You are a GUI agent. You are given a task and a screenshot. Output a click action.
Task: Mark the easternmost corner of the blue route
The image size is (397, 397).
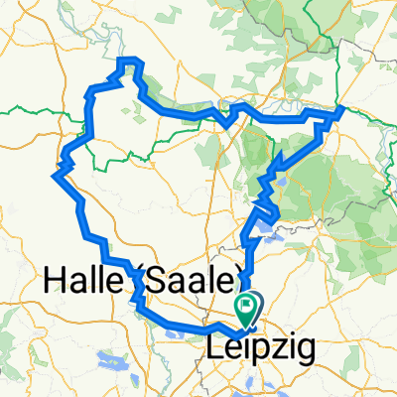[x=341, y=109]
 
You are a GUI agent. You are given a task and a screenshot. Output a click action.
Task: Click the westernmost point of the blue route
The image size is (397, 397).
[x=53, y=174]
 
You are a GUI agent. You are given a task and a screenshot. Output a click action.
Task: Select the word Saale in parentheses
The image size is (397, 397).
[x=187, y=284]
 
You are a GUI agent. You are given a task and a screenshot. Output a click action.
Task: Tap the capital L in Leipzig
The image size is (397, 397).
[x=214, y=348]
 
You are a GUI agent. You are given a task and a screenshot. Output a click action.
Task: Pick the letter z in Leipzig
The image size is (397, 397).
[x=274, y=348]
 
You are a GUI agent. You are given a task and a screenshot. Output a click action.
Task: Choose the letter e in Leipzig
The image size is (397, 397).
[x=229, y=349]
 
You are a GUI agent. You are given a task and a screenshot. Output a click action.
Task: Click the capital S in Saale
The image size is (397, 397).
[x=152, y=283]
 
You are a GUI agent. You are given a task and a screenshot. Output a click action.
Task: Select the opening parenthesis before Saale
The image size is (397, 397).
[x=137, y=284]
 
